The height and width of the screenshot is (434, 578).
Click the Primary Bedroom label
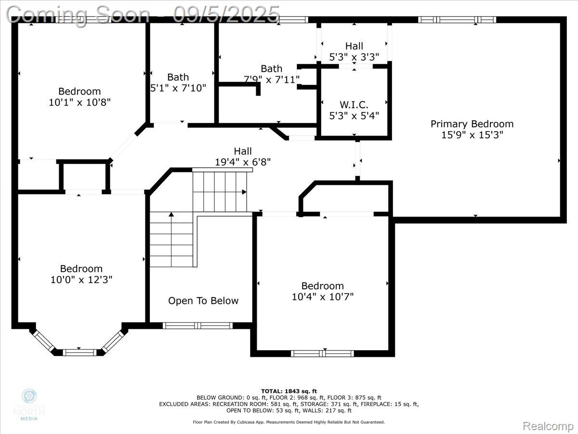tap(472, 124)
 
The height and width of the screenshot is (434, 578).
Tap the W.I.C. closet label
tap(354, 105)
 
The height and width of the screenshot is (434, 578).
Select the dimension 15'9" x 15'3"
tap(472, 135)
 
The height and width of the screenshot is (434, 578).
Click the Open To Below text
tap(203, 301)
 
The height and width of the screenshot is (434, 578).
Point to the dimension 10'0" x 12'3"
tap(81, 280)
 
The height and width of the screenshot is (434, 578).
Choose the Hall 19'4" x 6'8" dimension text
tap(242, 163)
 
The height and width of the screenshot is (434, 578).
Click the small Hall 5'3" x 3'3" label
tap(354, 46)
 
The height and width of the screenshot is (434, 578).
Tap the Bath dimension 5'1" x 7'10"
tap(178, 88)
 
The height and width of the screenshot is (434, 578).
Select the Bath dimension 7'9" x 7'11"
tap(272, 79)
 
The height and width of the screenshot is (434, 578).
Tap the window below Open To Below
tap(198, 325)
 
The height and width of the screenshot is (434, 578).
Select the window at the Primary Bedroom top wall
tap(457, 20)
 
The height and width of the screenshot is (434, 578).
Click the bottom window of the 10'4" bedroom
tap(322, 353)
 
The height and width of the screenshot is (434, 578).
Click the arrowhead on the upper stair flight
tap(244, 192)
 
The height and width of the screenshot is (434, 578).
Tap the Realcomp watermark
tap(548, 426)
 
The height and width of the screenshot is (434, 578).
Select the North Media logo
tap(30, 404)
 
